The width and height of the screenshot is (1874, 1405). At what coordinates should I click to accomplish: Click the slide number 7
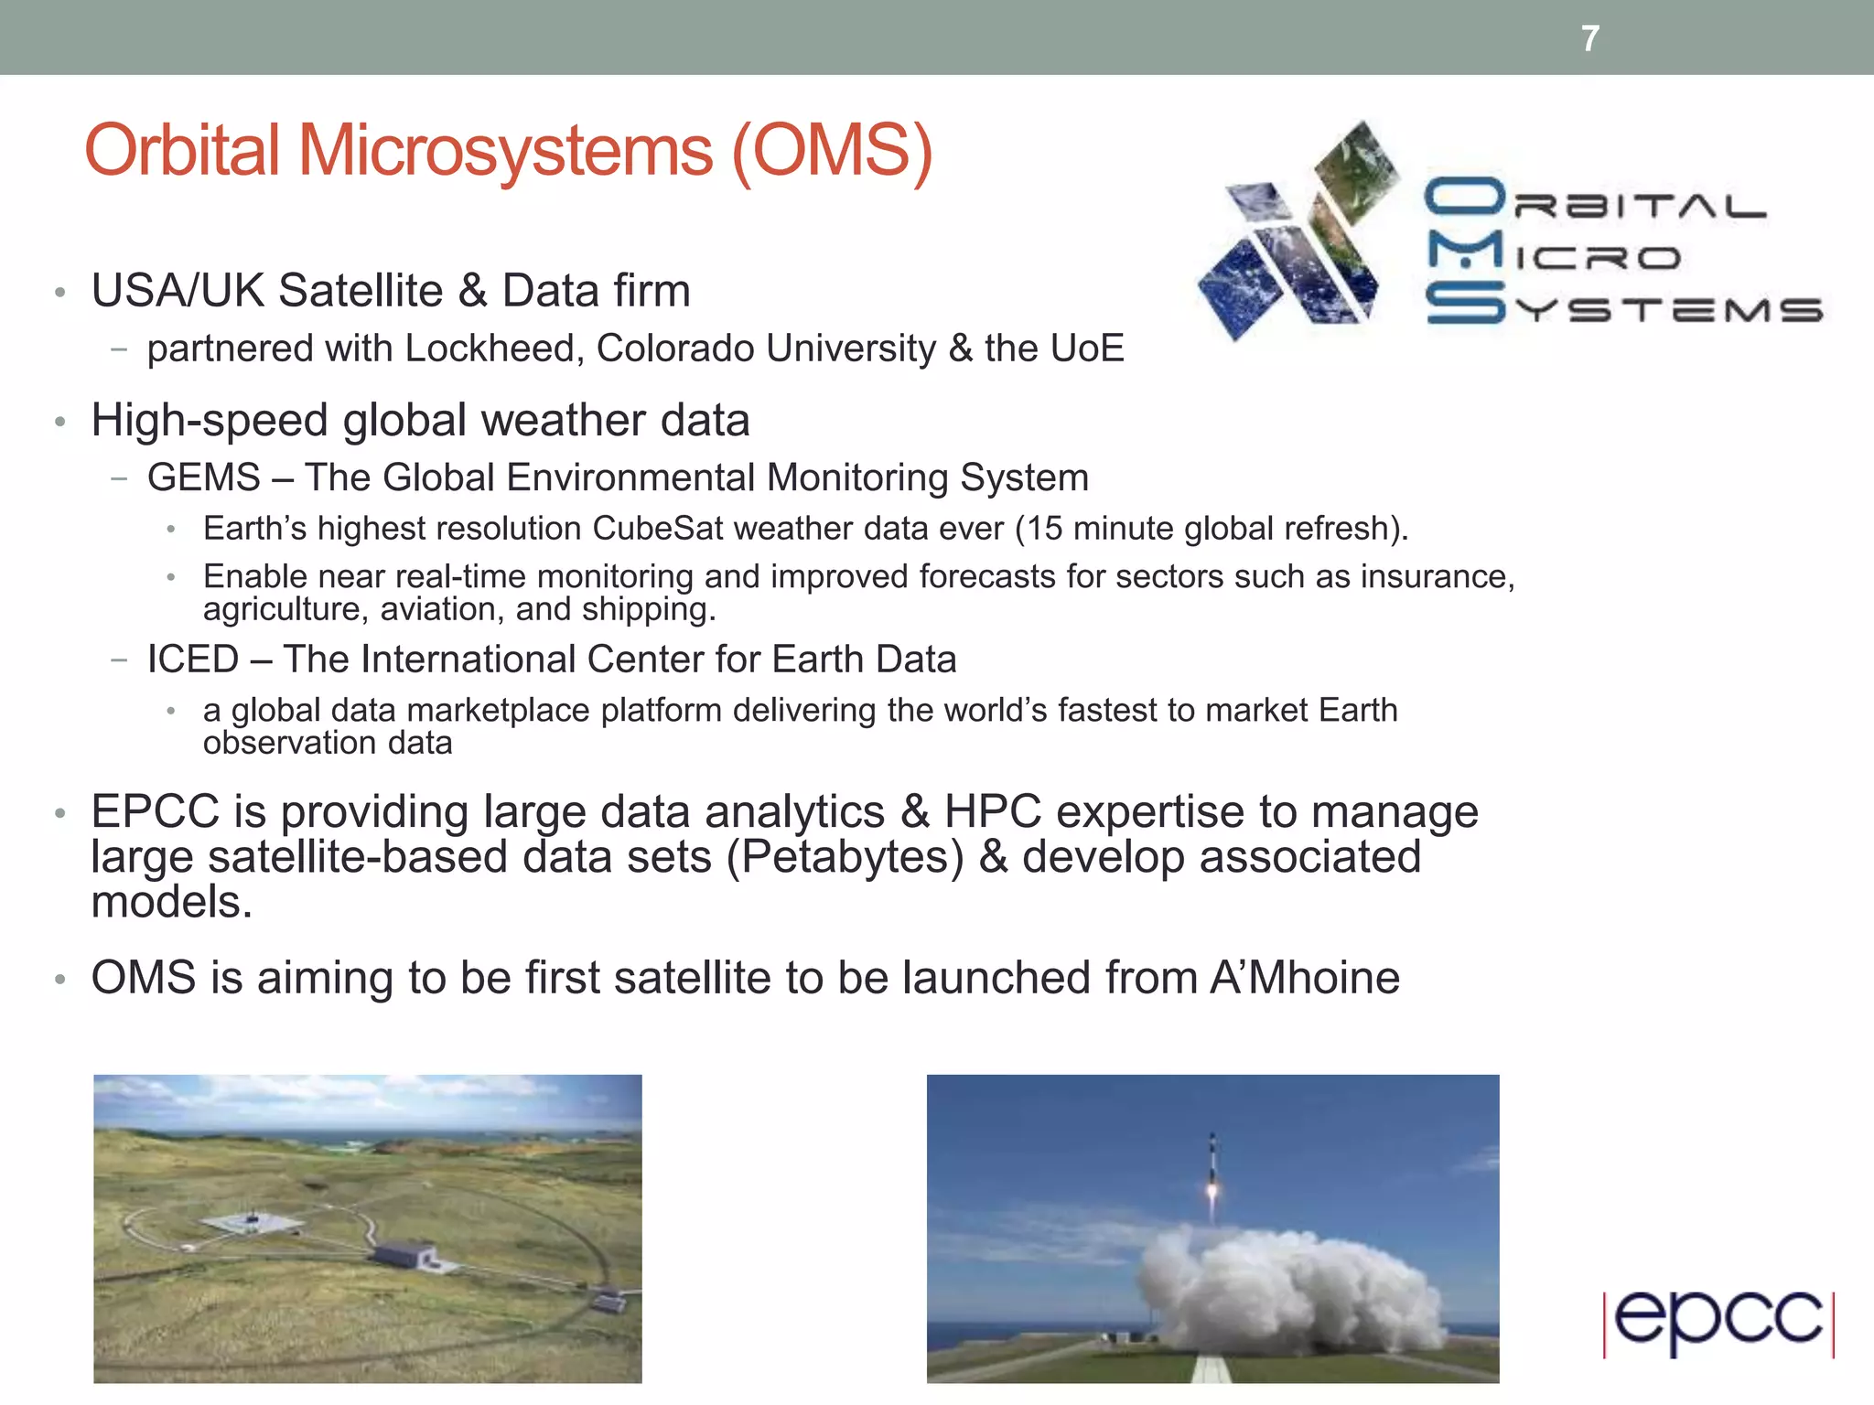click(1590, 39)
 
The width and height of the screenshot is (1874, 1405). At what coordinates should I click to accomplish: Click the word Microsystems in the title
click(505, 151)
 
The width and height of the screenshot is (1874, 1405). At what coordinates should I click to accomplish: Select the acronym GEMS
click(204, 477)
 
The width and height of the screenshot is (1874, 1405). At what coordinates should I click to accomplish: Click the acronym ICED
click(193, 660)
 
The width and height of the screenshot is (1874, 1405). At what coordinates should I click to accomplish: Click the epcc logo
click(1718, 1322)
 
